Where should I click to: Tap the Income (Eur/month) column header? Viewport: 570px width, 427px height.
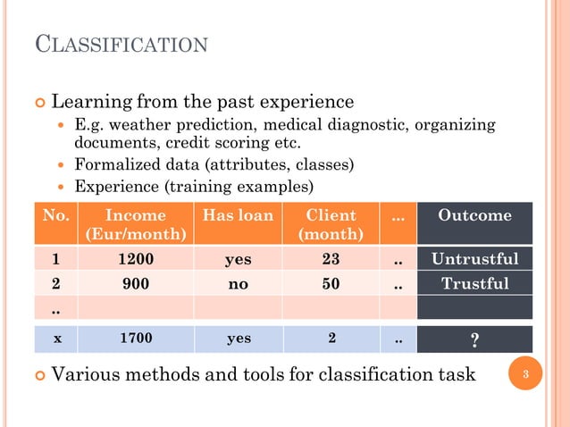[x=136, y=224]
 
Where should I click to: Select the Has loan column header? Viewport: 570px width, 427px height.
[x=238, y=216]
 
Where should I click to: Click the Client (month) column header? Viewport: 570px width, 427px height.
[x=331, y=224]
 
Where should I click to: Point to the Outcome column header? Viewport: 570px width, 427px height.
[x=474, y=216]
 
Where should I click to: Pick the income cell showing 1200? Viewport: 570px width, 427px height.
[x=136, y=260]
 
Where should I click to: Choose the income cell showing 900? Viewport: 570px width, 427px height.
[x=136, y=284]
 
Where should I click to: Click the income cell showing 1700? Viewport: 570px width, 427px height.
[x=136, y=339]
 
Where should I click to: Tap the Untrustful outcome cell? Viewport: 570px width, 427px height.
[x=474, y=260]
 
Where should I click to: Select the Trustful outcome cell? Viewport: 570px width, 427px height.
[x=474, y=284]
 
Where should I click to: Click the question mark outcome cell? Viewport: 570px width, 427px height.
[x=474, y=340]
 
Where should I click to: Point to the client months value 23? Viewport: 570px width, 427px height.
[x=331, y=260]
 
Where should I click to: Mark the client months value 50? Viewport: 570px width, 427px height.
[x=331, y=284]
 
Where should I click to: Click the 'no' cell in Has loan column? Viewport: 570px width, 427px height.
[x=238, y=284]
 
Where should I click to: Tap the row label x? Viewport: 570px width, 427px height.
[x=57, y=339]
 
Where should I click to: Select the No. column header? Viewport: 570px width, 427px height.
[x=56, y=216]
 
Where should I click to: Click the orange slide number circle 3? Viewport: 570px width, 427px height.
[x=527, y=374]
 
